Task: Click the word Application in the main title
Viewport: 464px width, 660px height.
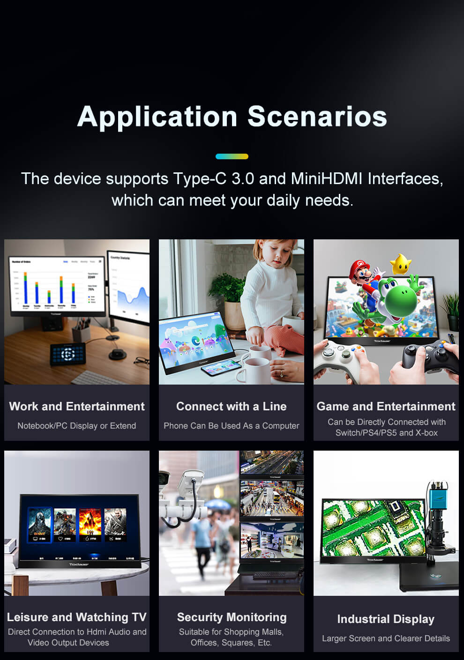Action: [157, 117]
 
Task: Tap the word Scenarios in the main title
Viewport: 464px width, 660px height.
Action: [317, 116]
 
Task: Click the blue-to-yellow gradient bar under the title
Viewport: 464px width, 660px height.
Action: [232, 156]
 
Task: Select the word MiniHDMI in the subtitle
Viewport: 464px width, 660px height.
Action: [326, 178]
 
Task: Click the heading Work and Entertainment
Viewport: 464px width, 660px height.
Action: [77, 406]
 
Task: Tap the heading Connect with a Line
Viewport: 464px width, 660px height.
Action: [232, 406]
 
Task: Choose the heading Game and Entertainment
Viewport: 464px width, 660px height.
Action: [386, 406]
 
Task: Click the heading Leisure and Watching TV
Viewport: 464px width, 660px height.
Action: [77, 617]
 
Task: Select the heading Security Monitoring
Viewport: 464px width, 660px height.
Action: [232, 617]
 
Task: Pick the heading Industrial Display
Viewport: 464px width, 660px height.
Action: [386, 619]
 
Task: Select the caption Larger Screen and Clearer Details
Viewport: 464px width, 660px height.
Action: [386, 638]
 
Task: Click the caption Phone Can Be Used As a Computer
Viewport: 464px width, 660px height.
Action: [232, 425]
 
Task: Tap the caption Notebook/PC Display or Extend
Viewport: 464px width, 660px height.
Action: [77, 425]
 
